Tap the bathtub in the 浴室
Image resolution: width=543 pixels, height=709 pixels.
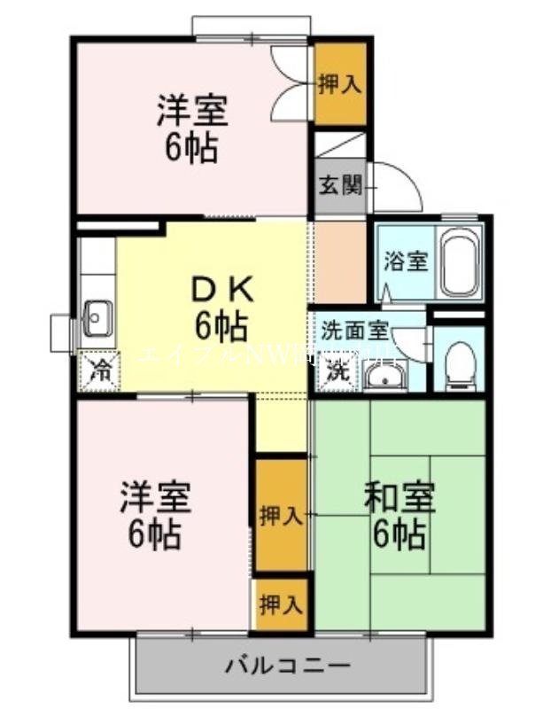[462, 263]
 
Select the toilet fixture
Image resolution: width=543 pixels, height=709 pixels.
[458, 366]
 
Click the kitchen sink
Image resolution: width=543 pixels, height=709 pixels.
[97, 317]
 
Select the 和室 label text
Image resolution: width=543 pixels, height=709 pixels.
[399, 498]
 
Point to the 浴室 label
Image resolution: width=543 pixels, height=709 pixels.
[406, 262]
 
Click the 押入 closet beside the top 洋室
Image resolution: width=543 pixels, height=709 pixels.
[340, 84]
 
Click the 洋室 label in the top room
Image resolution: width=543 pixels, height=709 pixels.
[192, 112]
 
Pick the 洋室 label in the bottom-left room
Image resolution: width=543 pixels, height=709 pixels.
[156, 498]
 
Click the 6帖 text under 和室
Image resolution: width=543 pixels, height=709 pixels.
[399, 534]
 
